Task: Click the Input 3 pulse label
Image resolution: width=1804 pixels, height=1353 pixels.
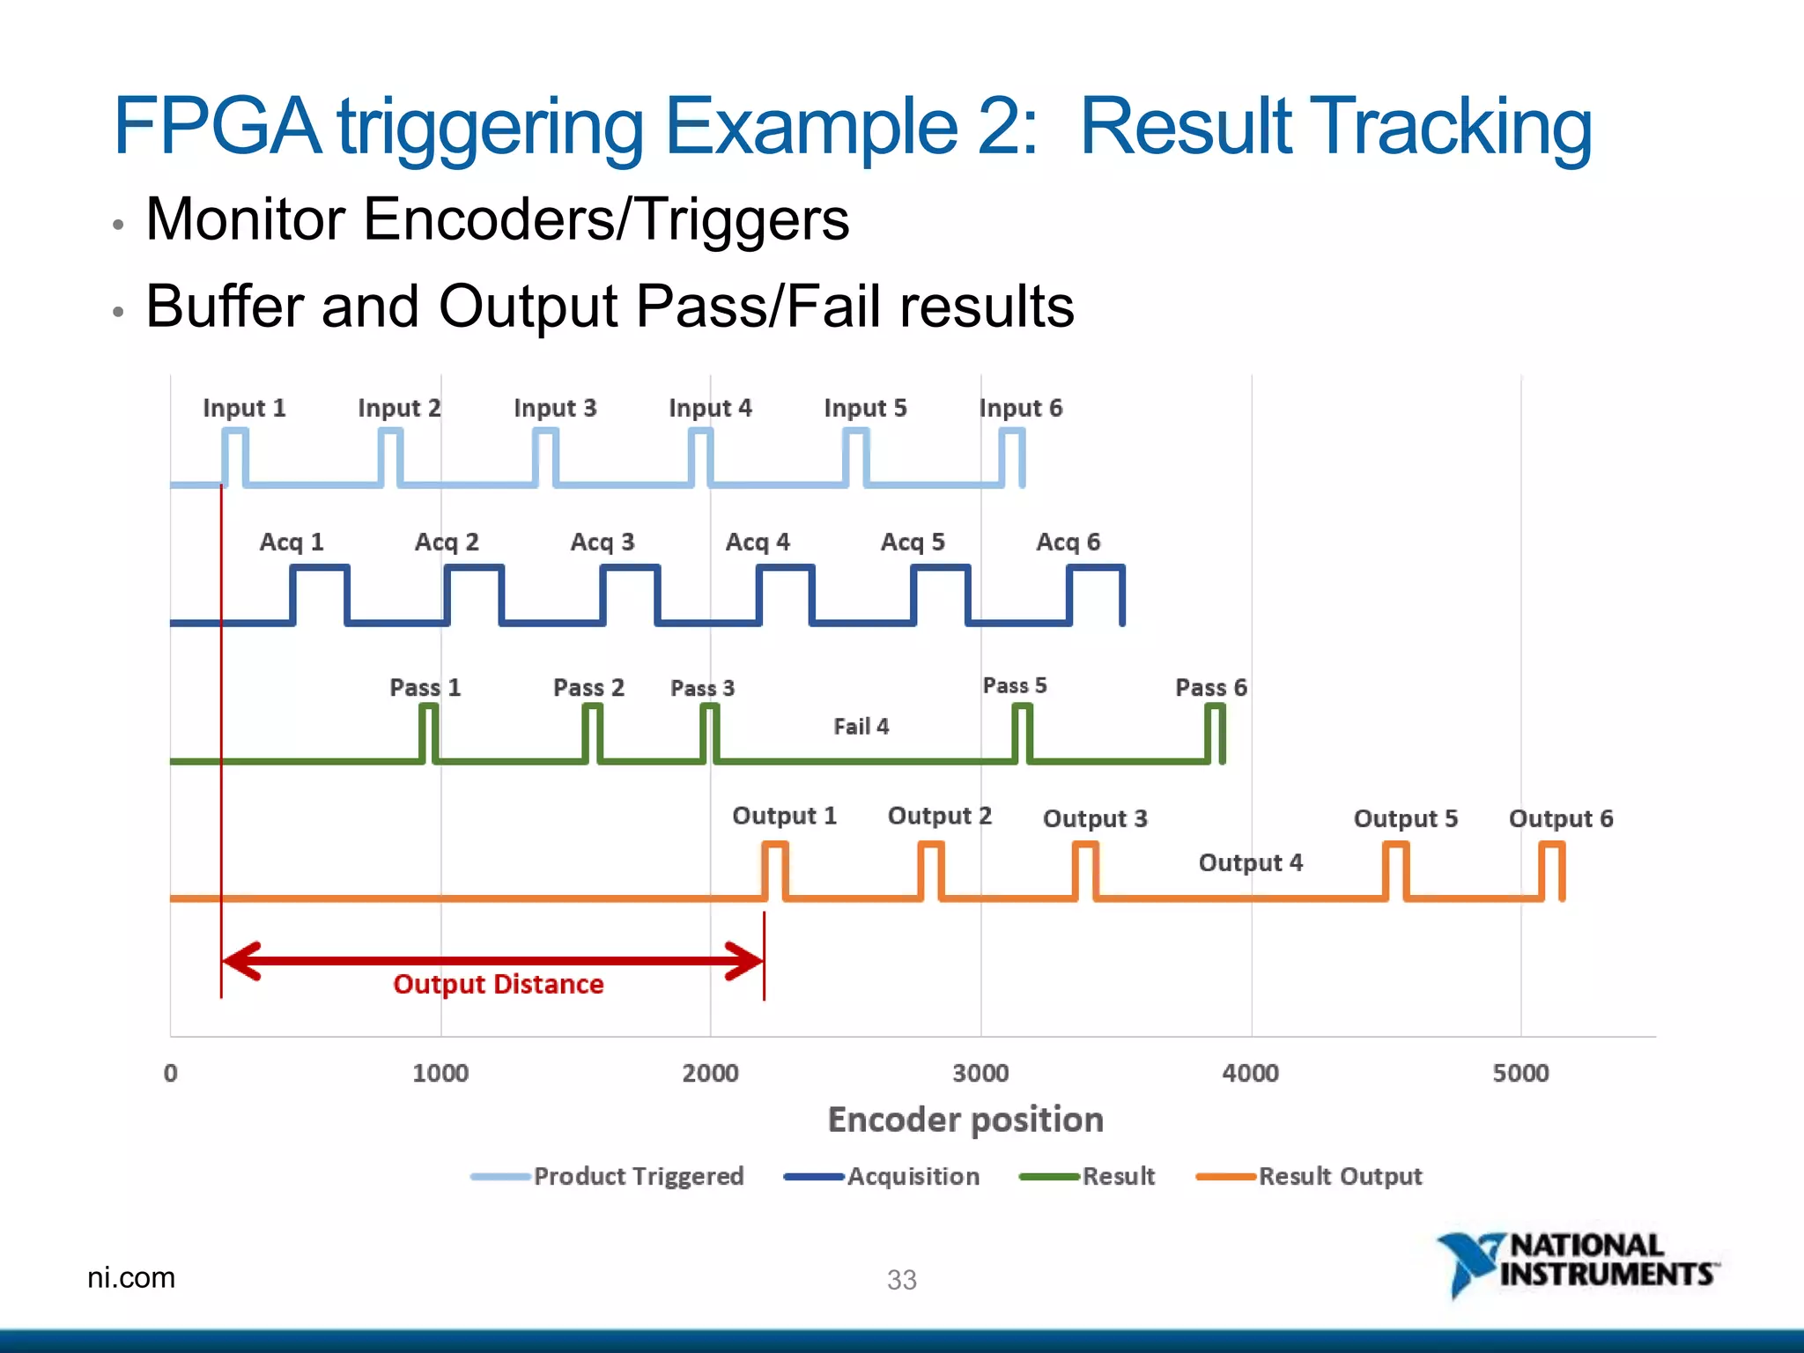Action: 555,408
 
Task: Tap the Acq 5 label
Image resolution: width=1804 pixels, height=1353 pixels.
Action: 913,542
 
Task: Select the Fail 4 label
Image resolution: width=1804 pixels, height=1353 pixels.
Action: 861,727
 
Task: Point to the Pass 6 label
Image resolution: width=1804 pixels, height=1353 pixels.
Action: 1210,687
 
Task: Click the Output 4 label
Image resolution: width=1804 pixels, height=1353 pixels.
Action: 1250,862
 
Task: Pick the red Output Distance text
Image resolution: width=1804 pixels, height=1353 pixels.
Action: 498,984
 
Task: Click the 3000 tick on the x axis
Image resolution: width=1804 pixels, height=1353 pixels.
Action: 980,1073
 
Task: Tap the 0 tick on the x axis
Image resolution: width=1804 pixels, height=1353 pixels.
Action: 171,1073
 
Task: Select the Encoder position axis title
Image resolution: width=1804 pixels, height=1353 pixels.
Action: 965,1120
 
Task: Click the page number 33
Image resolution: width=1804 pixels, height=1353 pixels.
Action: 901,1279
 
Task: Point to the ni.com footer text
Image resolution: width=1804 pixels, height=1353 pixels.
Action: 131,1277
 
